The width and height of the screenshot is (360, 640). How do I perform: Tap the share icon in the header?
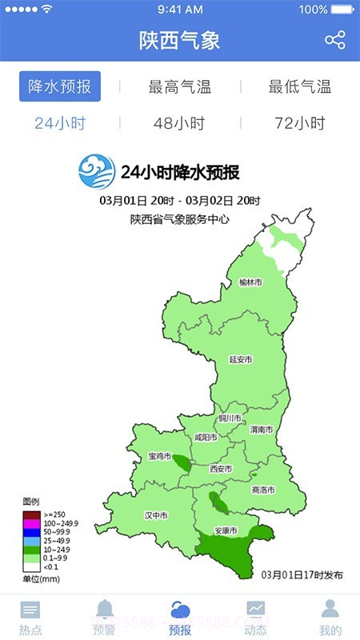335,40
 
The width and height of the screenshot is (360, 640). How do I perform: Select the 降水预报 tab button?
60,86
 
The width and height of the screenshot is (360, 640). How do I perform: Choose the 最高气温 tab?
180,87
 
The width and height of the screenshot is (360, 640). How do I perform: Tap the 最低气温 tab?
300,87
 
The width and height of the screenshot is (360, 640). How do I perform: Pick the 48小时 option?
179,124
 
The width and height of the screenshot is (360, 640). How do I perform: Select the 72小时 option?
300,124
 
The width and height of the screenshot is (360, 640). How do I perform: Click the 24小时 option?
60,124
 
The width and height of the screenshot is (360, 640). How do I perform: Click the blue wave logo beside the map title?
96,170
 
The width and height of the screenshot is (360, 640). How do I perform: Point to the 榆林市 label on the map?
251,282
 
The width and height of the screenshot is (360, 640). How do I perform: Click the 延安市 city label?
241,360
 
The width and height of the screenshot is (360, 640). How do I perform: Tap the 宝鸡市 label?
160,456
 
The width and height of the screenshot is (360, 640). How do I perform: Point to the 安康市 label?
226,531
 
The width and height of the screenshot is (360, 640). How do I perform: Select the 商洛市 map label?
263,490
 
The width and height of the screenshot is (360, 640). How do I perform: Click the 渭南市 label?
262,430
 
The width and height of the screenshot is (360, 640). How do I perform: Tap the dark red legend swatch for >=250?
31,514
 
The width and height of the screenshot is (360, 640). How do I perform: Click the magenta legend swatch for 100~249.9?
31,523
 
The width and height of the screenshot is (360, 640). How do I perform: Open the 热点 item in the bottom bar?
30,618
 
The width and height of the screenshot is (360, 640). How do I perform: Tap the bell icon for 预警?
105,610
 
